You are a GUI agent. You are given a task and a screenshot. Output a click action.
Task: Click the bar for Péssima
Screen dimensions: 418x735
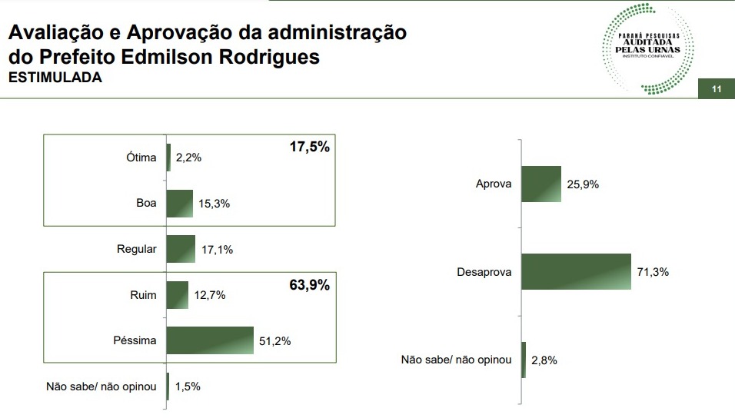pos(209,340)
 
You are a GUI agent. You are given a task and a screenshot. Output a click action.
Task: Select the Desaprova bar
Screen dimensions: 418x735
pos(576,271)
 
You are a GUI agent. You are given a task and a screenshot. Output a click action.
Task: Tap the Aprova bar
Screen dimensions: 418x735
pos(541,184)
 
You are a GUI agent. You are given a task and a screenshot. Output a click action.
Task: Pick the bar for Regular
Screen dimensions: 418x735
pos(181,249)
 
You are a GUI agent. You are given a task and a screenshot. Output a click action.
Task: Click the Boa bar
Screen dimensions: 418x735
pos(179,204)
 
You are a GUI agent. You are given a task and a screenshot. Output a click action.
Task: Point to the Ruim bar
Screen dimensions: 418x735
pos(177,295)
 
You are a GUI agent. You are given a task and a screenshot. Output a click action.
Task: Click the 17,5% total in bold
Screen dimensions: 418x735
pos(309,147)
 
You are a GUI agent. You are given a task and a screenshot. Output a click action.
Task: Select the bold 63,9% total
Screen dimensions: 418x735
pos(309,286)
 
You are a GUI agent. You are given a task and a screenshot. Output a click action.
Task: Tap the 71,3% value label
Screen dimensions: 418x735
pos(653,272)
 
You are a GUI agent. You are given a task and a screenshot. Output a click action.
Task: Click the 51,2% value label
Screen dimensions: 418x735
pos(275,341)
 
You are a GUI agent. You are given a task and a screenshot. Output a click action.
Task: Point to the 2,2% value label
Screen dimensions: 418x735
pos(188,158)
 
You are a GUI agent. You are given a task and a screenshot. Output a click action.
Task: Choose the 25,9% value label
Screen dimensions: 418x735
pos(583,185)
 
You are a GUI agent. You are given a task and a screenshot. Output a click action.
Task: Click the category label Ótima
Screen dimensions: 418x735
pos(141,158)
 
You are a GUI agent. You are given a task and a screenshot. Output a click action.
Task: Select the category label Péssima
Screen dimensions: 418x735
pos(135,340)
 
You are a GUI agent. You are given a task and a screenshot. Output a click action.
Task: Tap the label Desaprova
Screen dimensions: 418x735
pos(484,272)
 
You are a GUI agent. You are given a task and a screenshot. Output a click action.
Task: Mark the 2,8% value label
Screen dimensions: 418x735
pos(543,360)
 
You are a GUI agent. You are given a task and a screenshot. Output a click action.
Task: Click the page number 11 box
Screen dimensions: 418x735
pos(716,89)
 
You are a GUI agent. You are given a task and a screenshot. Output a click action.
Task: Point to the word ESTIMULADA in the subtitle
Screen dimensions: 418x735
pos(55,78)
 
